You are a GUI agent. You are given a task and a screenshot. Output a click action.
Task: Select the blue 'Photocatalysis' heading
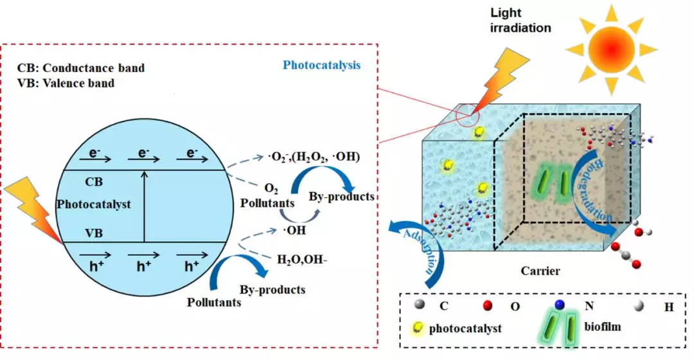point(322,65)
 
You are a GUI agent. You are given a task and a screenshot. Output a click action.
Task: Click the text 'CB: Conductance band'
point(81,67)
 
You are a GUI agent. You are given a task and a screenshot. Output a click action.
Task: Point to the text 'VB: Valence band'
point(66,83)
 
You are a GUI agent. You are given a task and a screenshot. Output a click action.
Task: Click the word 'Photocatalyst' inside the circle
point(94,204)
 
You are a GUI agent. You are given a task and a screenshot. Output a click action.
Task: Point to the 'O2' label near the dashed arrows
point(271,188)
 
